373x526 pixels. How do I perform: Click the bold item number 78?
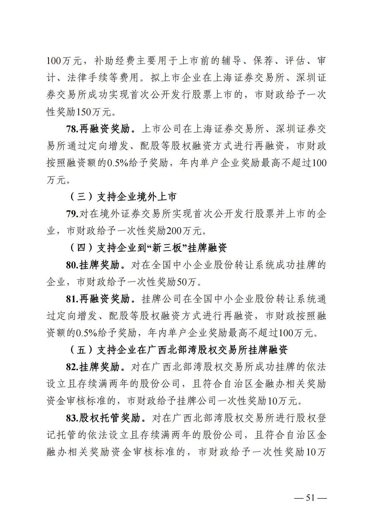click(72, 129)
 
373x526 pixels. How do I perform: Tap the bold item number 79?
click(72, 214)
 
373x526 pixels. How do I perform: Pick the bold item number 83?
click(72, 418)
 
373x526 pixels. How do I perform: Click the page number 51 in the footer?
click(310, 497)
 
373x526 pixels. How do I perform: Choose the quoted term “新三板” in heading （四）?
click(167, 248)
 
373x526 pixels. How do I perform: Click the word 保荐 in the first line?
click(263, 61)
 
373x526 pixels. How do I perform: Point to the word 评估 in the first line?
click(295, 61)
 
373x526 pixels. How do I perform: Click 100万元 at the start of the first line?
click(64, 61)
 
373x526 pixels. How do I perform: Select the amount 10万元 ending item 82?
click(282, 401)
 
